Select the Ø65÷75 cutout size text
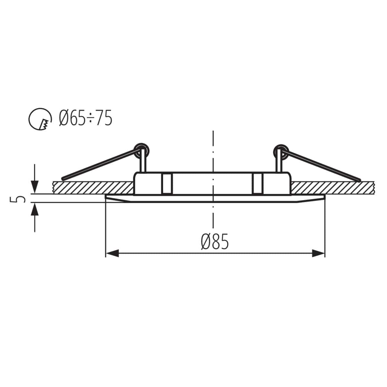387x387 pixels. tap(85, 118)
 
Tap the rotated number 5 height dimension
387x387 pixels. tap(20, 199)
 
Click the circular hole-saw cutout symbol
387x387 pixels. tap(40, 119)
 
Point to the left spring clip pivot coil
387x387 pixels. tap(142, 150)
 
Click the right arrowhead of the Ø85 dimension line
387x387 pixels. tap(318, 253)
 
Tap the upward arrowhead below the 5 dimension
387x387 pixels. tap(35, 210)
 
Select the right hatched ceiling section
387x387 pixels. tap(332, 188)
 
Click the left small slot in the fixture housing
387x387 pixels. tap(166, 184)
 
